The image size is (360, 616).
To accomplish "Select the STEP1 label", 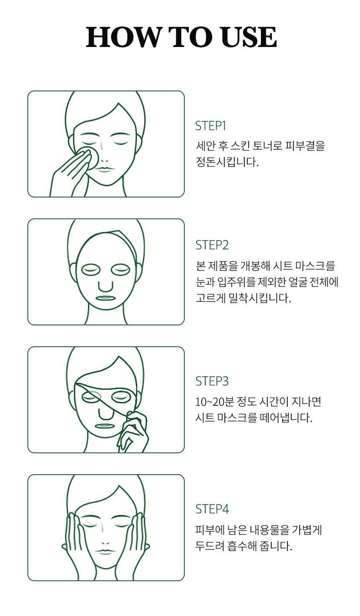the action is coord(210,126).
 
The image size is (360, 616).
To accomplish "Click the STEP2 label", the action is coord(212,245).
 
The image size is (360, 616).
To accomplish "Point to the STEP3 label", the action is coord(212,381).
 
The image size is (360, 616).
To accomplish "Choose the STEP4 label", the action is coord(212,509).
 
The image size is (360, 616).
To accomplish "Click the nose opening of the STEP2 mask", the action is coord(106,286).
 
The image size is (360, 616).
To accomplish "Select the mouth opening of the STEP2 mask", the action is coord(105,298).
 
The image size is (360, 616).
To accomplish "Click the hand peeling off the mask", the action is coord(133,432).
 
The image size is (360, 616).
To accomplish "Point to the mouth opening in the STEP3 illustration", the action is coord(104,426).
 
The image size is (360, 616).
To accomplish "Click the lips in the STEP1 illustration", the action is coord(105,169).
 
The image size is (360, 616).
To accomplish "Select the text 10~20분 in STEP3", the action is coord(214,402).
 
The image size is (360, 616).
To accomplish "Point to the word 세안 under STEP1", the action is coord(205,146).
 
